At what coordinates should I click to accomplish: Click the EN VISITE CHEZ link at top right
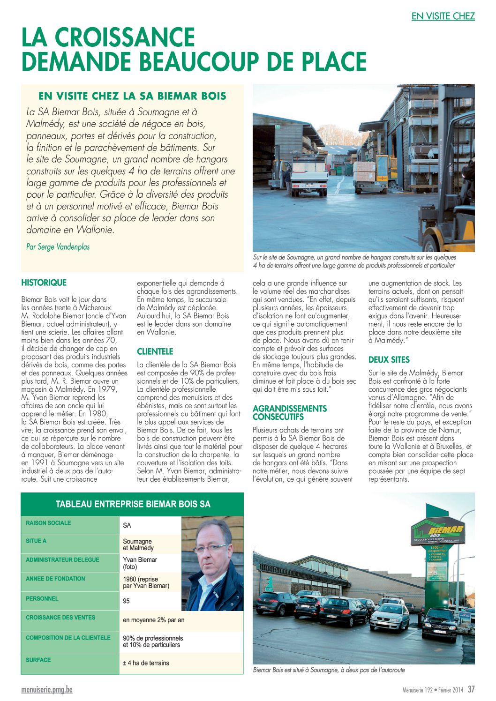pyautogui.click(x=443, y=16)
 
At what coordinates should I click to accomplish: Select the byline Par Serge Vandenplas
pyautogui.click(x=58, y=246)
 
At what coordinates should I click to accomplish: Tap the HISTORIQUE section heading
pyautogui.click(x=44, y=283)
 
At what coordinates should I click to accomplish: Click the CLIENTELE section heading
pyautogui.click(x=155, y=351)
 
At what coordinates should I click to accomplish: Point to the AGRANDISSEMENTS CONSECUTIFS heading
pyautogui.click(x=290, y=412)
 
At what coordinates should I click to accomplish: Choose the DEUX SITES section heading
pyautogui.click(x=389, y=360)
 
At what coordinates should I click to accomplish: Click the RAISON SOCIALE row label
pyautogui.click(x=48, y=523)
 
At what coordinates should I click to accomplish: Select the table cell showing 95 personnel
pyautogui.click(x=127, y=601)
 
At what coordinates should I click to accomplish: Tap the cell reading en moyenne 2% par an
pyautogui.click(x=153, y=620)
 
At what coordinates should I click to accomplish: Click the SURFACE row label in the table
pyautogui.click(x=38, y=660)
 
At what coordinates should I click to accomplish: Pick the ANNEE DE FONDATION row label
pyautogui.click(x=55, y=579)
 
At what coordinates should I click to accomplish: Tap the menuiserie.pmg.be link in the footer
pyautogui.click(x=47, y=690)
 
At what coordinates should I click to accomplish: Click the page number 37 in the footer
pyautogui.click(x=471, y=689)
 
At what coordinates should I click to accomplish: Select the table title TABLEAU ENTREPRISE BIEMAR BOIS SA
pyautogui.click(x=133, y=504)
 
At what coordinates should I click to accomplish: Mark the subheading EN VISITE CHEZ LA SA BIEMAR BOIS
pyautogui.click(x=132, y=96)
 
